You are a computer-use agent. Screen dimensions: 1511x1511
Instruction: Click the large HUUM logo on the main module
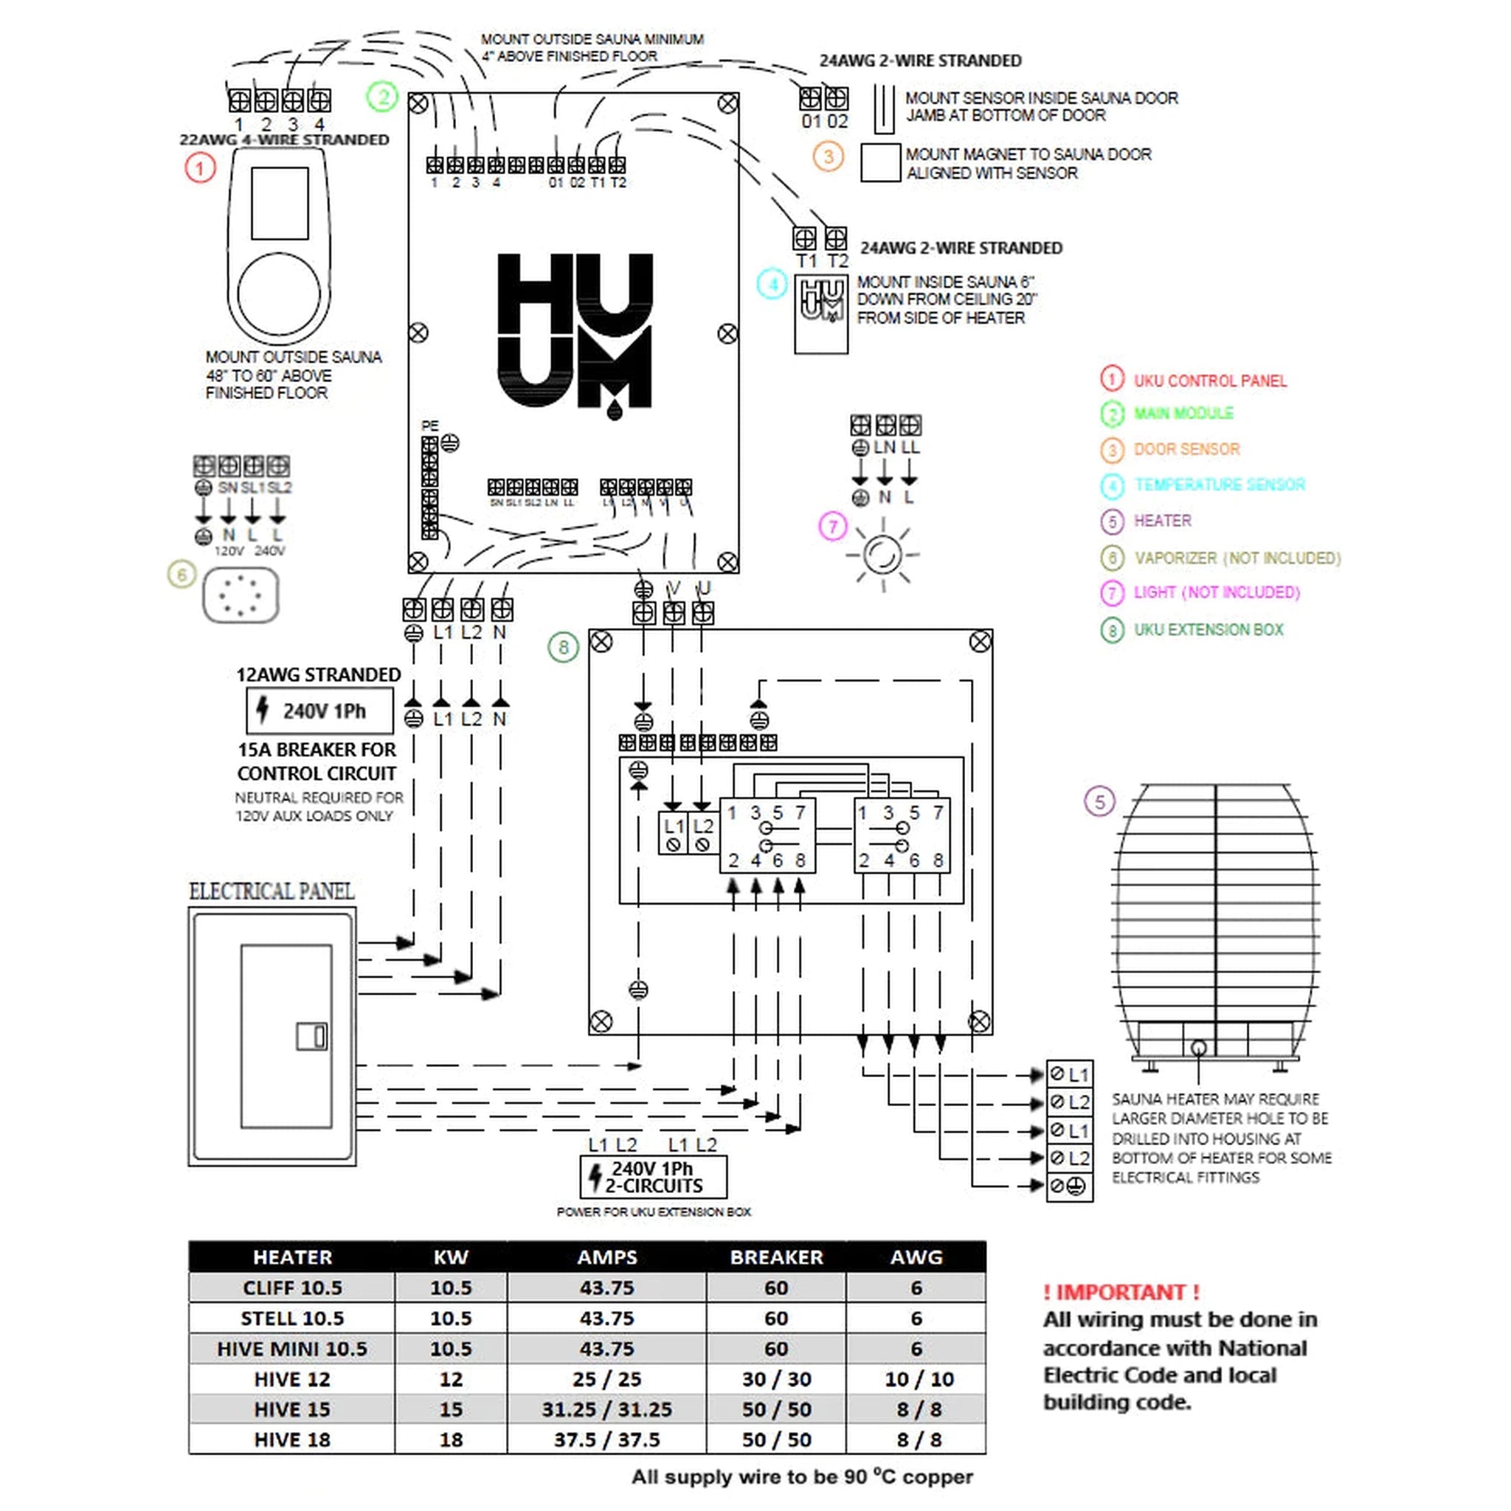(x=575, y=333)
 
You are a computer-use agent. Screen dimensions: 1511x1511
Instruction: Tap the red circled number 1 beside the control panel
(x=200, y=167)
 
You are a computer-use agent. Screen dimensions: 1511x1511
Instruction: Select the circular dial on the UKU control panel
(x=278, y=295)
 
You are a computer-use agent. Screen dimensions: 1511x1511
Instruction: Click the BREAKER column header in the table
(x=776, y=1256)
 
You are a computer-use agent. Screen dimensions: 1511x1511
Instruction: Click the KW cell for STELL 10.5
(x=451, y=1318)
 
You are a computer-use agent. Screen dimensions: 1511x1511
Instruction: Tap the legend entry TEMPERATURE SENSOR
(x=1219, y=485)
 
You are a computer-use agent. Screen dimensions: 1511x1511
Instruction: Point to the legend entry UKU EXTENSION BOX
(x=1209, y=629)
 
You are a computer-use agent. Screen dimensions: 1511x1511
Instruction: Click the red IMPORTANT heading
(x=1121, y=1292)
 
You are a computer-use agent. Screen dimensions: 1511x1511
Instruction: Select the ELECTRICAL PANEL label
(x=272, y=891)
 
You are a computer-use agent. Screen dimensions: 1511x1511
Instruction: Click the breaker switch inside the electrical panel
(x=311, y=1037)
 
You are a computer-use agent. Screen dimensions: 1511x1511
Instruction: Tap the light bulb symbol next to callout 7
(x=883, y=555)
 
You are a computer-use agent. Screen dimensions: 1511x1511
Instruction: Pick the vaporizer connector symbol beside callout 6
(x=241, y=595)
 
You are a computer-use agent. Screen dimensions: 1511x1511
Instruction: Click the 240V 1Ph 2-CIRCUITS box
(x=653, y=1177)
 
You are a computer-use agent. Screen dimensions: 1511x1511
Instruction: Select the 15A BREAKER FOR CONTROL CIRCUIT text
(x=317, y=761)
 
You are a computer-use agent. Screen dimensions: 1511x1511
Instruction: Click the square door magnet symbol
(x=880, y=162)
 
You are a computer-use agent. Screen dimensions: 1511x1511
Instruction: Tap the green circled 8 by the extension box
(x=563, y=647)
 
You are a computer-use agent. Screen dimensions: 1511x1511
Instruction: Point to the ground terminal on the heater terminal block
(x=1069, y=1186)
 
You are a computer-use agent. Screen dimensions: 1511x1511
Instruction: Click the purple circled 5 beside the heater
(x=1099, y=802)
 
